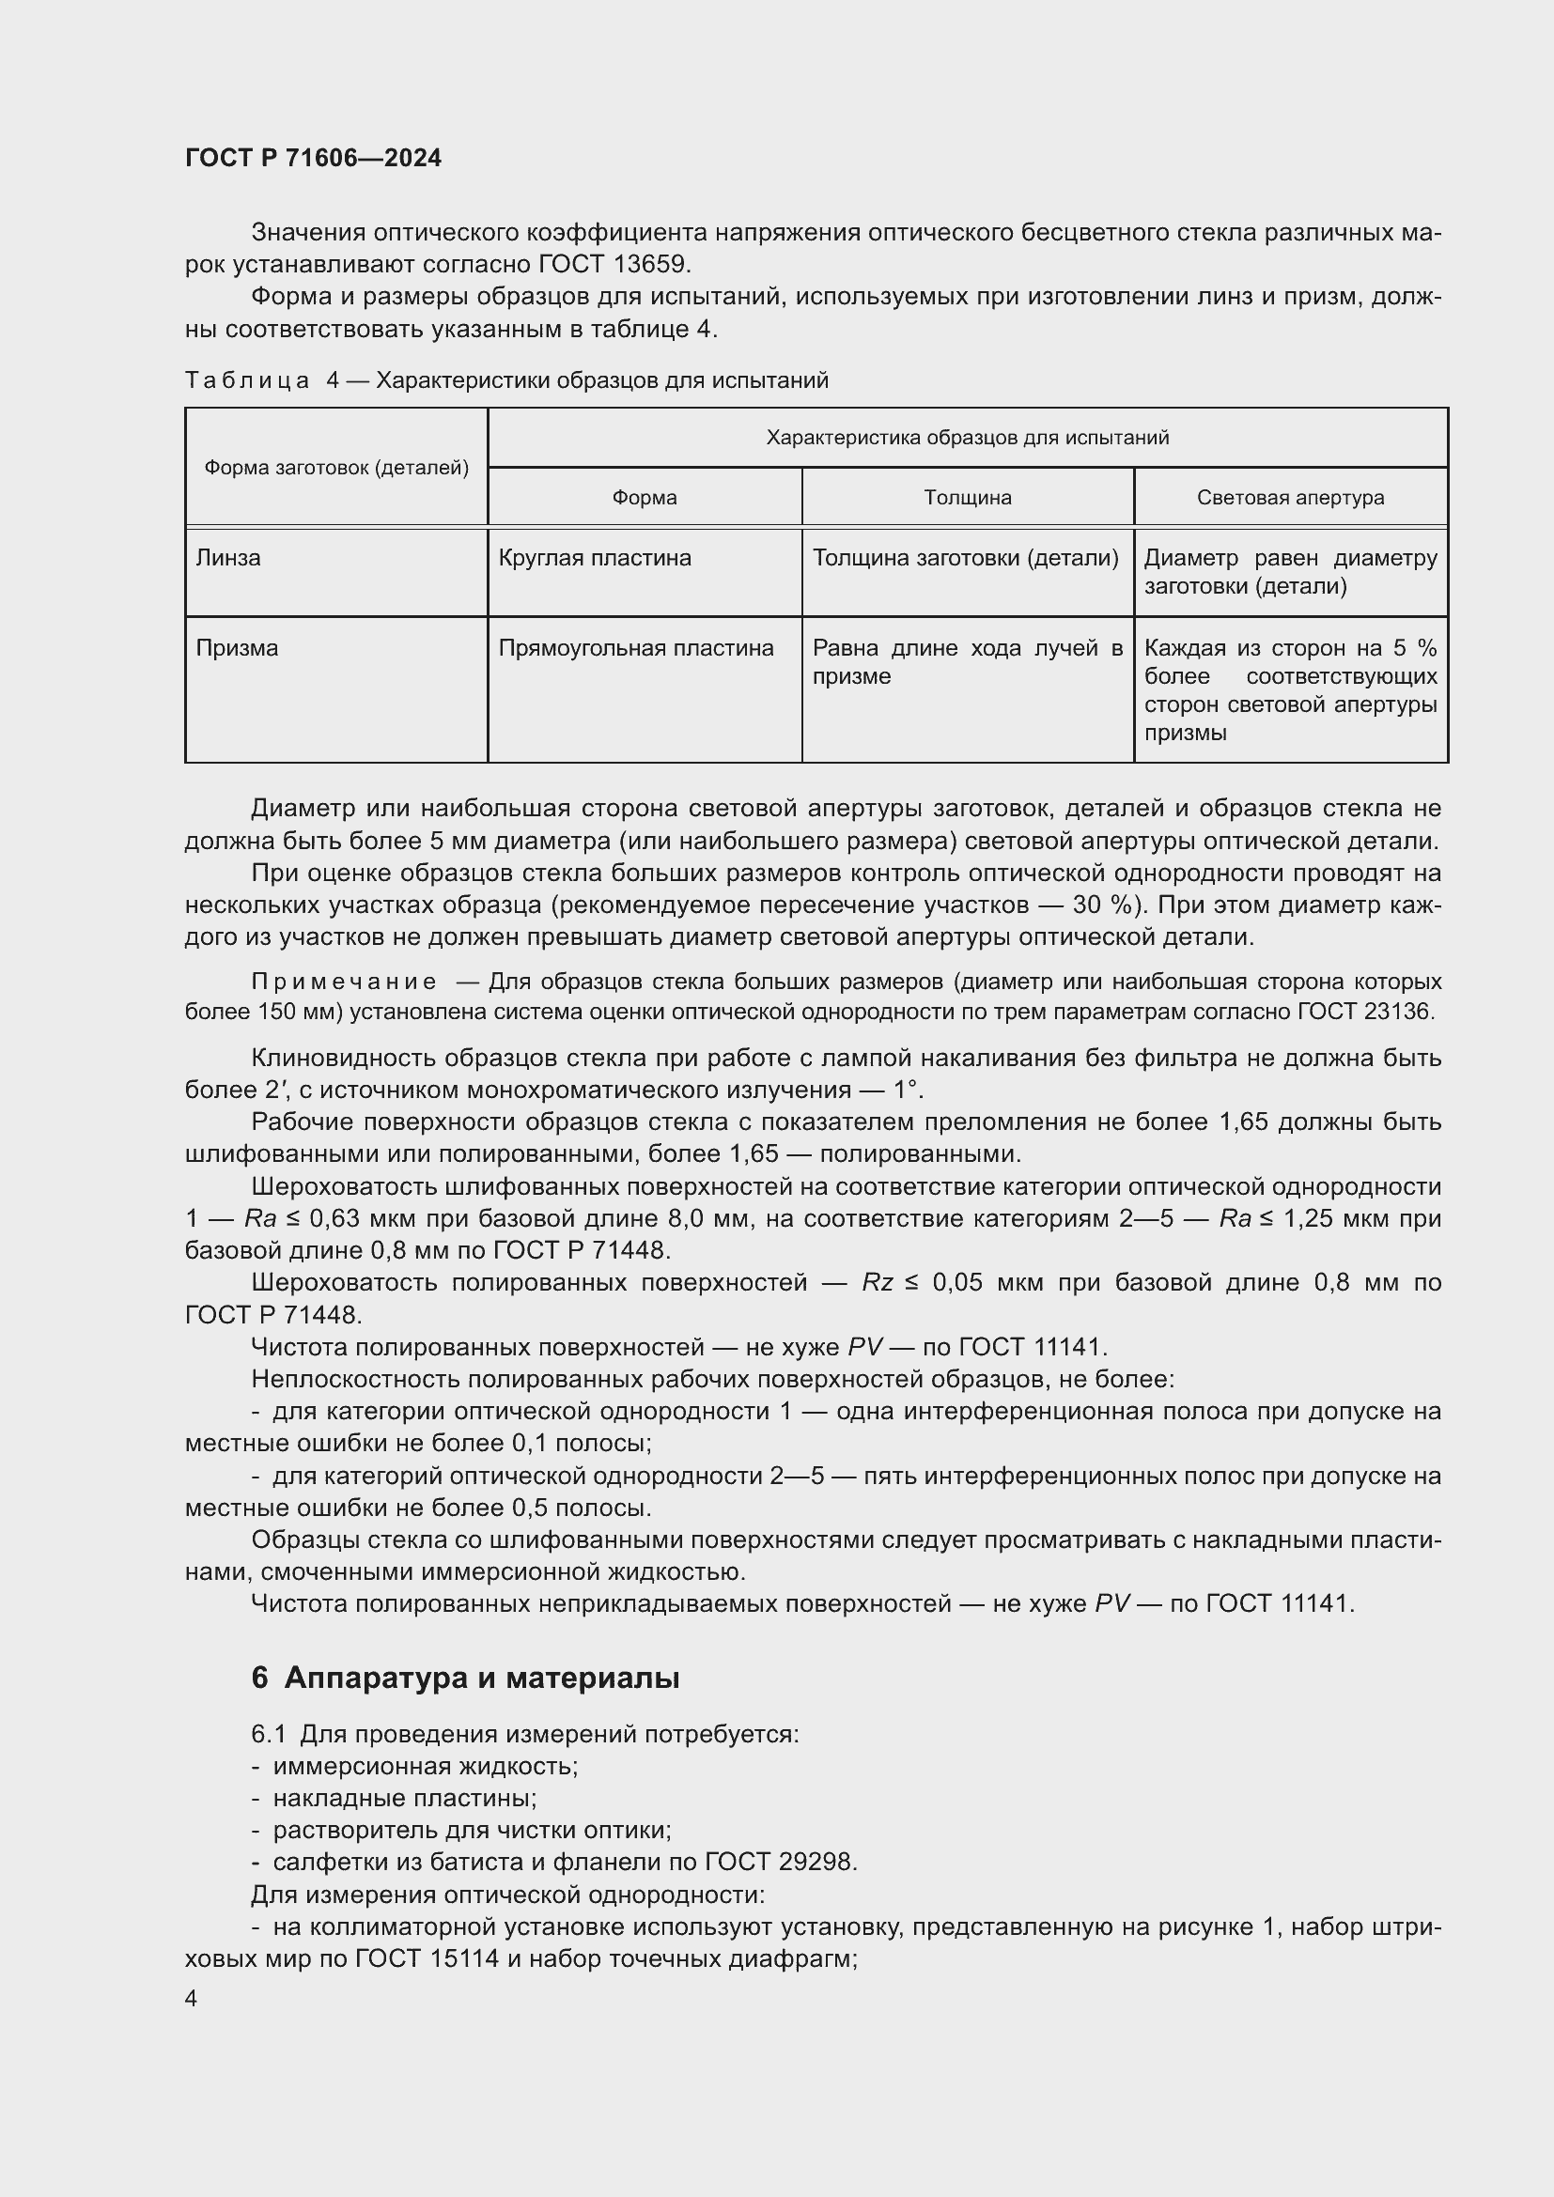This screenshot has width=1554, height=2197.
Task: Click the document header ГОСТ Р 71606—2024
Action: tap(313, 158)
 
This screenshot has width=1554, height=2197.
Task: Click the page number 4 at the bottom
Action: tap(191, 1998)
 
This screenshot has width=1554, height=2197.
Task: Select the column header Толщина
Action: tap(968, 498)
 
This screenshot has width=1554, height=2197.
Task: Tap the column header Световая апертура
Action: tap(1290, 498)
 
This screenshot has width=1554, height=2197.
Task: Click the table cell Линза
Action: tap(227, 558)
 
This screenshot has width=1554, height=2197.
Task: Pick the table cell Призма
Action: tap(237, 648)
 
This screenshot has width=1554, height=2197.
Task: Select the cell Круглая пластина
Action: tap(594, 558)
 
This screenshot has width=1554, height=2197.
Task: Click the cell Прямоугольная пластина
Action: tap(635, 648)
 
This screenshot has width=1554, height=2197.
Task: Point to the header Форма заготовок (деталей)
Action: tap(335, 468)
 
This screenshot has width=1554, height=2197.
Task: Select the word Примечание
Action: tap(344, 982)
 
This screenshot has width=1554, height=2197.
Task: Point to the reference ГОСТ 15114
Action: tap(427, 1957)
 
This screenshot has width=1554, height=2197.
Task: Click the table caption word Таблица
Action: tap(247, 380)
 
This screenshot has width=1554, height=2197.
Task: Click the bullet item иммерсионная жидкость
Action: tap(425, 1766)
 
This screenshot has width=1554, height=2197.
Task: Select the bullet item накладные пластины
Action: tap(404, 1798)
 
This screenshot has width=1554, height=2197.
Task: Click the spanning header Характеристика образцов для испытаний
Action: tap(968, 439)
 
